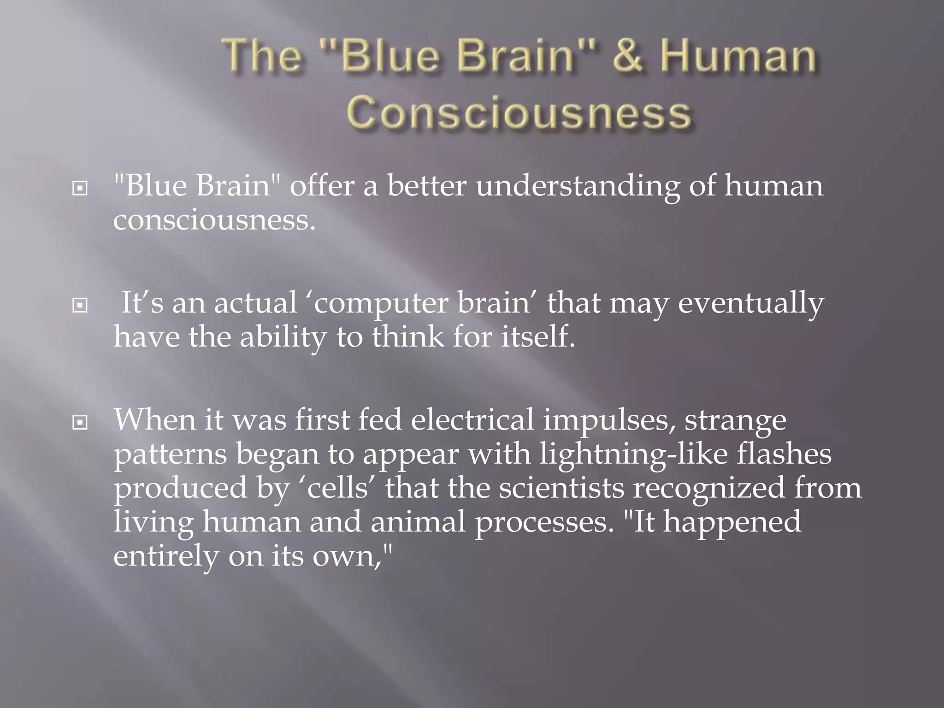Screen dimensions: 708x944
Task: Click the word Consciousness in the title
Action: pyautogui.click(x=519, y=114)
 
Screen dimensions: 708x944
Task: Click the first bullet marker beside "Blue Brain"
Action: pyautogui.click(x=80, y=189)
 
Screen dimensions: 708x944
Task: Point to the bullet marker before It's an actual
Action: pyautogui.click(x=80, y=305)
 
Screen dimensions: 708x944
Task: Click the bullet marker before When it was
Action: pyautogui.click(x=80, y=422)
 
